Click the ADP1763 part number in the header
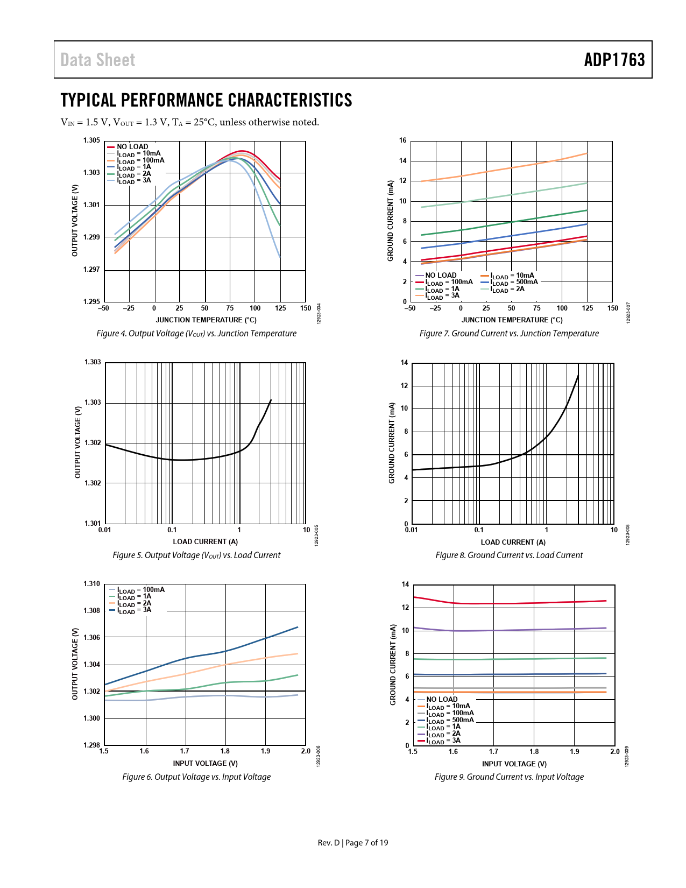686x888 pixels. [x=614, y=60]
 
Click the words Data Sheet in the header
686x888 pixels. [x=98, y=60]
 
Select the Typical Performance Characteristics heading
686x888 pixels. [x=206, y=100]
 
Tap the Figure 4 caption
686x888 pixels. [x=196, y=334]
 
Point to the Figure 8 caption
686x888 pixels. [x=509, y=555]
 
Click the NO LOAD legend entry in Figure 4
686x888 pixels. [x=132, y=146]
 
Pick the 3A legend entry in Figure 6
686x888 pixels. [x=135, y=610]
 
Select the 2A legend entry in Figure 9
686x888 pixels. [x=444, y=734]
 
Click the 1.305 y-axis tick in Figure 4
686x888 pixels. [x=91, y=140]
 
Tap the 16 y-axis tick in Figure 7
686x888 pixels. [x=403, y=140]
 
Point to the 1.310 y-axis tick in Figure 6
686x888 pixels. [x=91, y=584]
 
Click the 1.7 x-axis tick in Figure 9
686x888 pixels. [x=493, y=752]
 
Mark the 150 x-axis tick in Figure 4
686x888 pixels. [x=306, y=308]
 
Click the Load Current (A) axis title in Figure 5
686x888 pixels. [x=205, y=542]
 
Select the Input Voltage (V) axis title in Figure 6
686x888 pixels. [x=205, y=764]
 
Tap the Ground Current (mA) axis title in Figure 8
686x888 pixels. [x=392, y=443]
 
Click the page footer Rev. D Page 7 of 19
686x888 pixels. [x=352, y=843]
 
